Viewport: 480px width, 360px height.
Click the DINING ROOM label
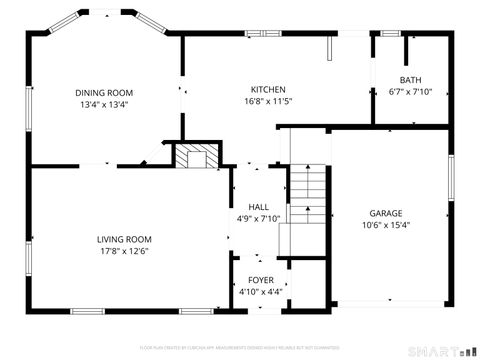(x=104, y=92)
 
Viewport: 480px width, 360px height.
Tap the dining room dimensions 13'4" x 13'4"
(x=104, y=103)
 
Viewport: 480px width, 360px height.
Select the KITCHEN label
(x=268, y=89)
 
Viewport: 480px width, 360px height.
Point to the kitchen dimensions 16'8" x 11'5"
(x=268, y=100)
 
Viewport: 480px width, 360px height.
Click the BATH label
(x=410, y=81)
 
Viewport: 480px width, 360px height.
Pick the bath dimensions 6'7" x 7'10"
(x=410, y=92)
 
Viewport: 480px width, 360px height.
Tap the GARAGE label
(x=386, y=213)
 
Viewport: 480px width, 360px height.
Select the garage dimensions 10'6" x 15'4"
(x=386, y=224)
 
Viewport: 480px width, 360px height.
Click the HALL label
(x=258, y=207)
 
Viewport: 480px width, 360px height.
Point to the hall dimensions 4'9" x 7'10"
(x=258, y=218)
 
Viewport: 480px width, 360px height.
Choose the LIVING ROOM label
(x=124, y=239)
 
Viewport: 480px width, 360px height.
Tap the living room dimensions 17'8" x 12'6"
(x=124, y=250)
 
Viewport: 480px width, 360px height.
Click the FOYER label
(x=259, y=280)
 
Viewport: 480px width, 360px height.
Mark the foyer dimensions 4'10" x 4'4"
(x=259, y=291)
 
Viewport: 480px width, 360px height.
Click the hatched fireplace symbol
(x=195, y=156)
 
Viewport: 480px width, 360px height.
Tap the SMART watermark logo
(x=441, y=351)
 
